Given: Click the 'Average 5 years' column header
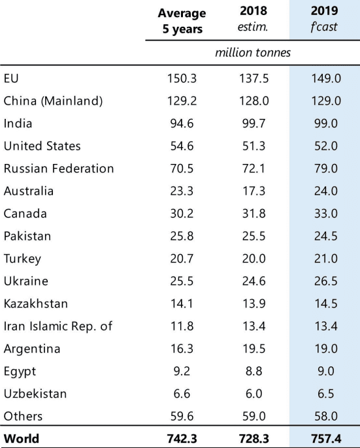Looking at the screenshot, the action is point(182,21).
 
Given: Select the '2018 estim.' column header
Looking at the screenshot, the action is point(254,18).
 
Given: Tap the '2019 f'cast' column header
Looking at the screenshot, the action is point(325,18).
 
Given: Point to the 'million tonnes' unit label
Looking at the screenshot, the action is point(253,52).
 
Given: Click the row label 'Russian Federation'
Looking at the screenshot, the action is point(59,168).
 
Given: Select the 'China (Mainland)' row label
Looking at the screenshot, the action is point(53,101).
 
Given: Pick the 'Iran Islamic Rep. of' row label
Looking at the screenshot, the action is point(58,327).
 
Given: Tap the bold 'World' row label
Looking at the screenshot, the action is point(22,439).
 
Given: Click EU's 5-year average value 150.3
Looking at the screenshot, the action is point(182,78).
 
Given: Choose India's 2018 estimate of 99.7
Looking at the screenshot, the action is point(254,123).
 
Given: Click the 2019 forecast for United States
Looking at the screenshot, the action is point(326,146).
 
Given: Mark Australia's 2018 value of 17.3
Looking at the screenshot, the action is point(254,191).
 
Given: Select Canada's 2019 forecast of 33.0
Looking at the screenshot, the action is point(326,214).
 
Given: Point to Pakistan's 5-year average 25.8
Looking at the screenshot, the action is point(182,236).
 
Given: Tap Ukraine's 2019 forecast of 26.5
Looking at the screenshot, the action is point(326,281).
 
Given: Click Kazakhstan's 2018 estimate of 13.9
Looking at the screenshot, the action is point(254,304).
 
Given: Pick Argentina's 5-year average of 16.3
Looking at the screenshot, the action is point(182,349).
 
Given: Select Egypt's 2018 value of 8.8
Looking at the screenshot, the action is point(254,372).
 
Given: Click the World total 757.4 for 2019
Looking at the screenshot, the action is point(326,439).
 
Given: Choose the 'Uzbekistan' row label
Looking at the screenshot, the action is point(35,394).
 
